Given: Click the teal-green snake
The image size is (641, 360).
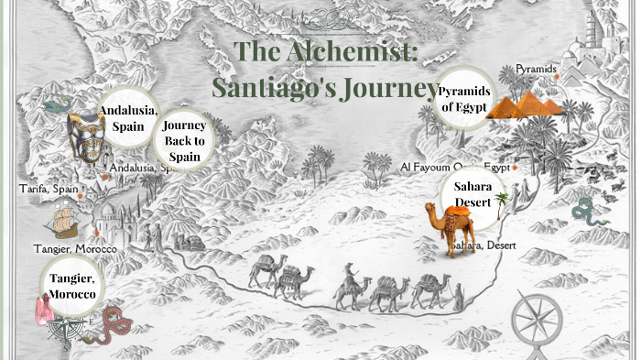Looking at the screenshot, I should coord(587,213).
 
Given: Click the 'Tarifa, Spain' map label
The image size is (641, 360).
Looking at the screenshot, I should coord(49,189).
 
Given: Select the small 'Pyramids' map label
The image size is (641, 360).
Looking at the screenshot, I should coord(536,69).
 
